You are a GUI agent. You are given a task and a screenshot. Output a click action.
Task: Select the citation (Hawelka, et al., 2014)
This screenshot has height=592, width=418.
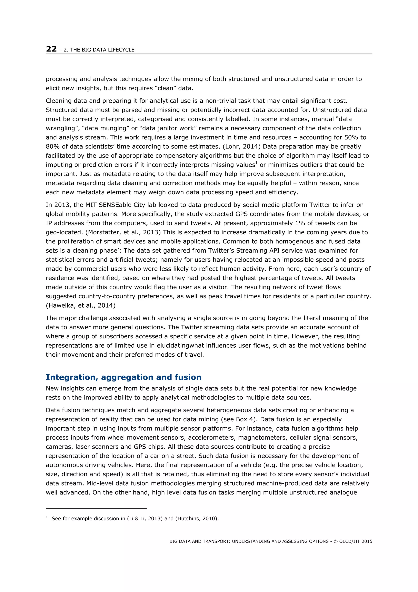tap(81, 305)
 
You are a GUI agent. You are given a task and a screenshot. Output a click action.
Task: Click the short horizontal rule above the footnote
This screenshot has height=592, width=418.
tap(96, 508)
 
